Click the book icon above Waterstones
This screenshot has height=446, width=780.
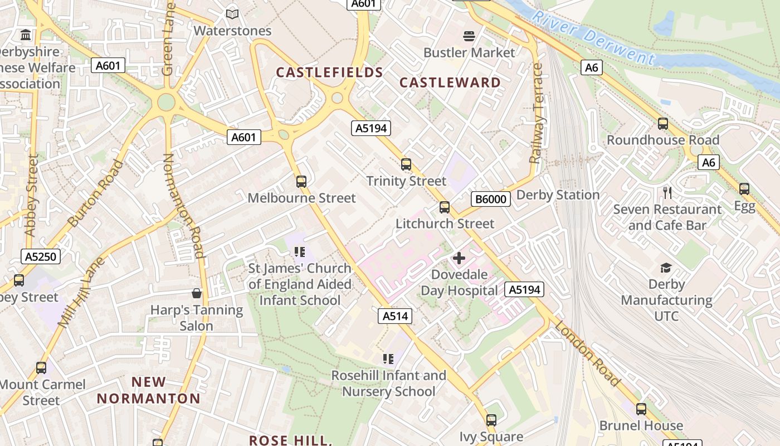click(x=232, y=14)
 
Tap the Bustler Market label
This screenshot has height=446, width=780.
click(x=469, y=52)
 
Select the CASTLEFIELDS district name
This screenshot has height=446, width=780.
click(x=330, y=72)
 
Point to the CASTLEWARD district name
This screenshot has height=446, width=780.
click(x=450, y=83)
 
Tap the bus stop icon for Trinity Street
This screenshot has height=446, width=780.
click(x=406, y=164)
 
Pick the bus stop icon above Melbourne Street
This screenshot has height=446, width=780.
click(x=301, y=181)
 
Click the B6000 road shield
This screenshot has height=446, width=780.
click(x=491, y=199)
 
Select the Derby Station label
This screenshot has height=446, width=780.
click(x=558, y=195)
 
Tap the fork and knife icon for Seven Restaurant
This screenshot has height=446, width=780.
click(x=667, y=193)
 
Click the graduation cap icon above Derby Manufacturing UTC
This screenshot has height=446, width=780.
click(x=666, y=268)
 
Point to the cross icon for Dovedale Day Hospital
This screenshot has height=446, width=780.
click(x=459, y=258)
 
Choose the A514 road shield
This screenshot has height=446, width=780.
click(x=396, y=316)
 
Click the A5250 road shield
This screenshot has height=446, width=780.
click(x=40, y=256)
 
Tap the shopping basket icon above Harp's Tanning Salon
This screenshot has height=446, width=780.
click(x=197, y=293)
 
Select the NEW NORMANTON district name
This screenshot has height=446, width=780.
click(x=149, y=390)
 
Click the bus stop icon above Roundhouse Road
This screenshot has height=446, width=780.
click(x=663, y=124)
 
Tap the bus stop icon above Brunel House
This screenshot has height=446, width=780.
click(x=641, y=409)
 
